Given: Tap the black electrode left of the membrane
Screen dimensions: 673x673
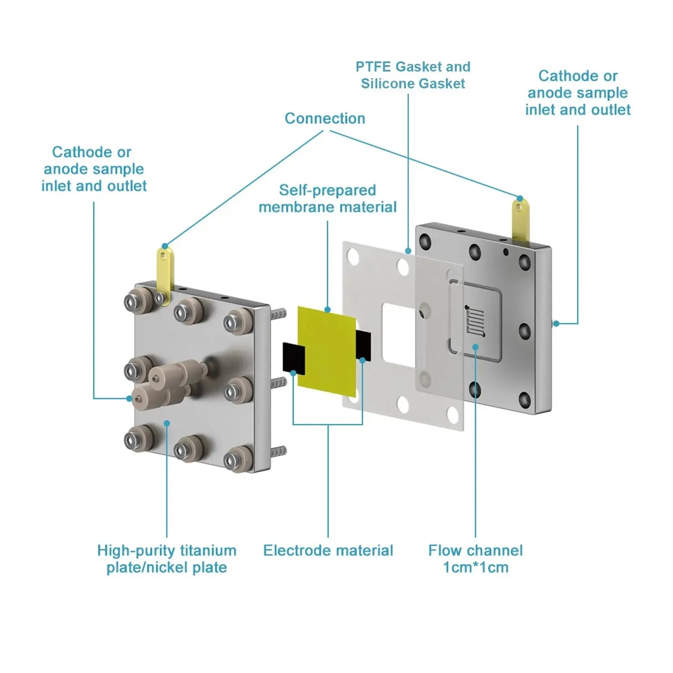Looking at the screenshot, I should (293, 358).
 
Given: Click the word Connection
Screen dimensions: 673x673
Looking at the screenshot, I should (325, 118).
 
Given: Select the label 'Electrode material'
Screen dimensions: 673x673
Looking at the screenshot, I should (328, 551).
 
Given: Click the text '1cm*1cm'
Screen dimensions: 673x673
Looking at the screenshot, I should (476, 567).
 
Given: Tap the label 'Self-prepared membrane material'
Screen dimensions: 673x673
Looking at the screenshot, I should (327, 198).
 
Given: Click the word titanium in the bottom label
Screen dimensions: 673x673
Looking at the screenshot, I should (208, 551).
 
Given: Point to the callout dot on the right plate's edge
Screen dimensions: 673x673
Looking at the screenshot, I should (556, 323).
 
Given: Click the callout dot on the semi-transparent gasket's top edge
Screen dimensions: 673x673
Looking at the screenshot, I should (408, 251).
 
